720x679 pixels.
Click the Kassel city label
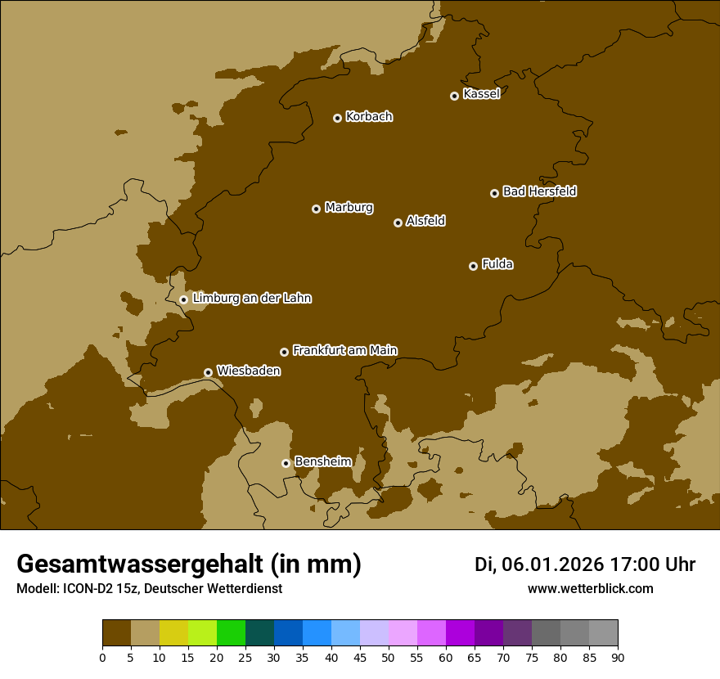pyautogui.click(x=481, y=94)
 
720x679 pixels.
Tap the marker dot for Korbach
pyautogui.click(x=337, y=118)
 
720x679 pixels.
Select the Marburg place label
pyautogui.click(x=349, y=208)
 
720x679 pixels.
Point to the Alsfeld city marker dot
pyautogui.click(x=398, y=223)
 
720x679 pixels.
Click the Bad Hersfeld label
pyautogui.click(x=539, y=191)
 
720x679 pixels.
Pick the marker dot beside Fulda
pyautogui.click(x=473, y=266)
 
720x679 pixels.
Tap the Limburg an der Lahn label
pyautogui.click(x=251, y=299)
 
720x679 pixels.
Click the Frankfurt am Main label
pyautogui.click(x=344, y=350)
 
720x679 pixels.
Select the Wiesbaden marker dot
pyautogui.click(x=209, y=372)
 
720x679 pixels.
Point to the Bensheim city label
pyautogui.click(x=322, y=461)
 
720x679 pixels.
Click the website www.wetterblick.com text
pyautogui.click(x=590, y=589)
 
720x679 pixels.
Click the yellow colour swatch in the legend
pyautogui.click(x=173, y=633)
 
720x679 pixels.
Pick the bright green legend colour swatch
pyautogui.click(x=231, y=633)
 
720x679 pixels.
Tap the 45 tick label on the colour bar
pyautogui.click(x=360, y=657)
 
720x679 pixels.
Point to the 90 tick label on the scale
pyautogui.click(x=618, y=657)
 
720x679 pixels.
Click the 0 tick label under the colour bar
pyautogui.click(x=102, y=657)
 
